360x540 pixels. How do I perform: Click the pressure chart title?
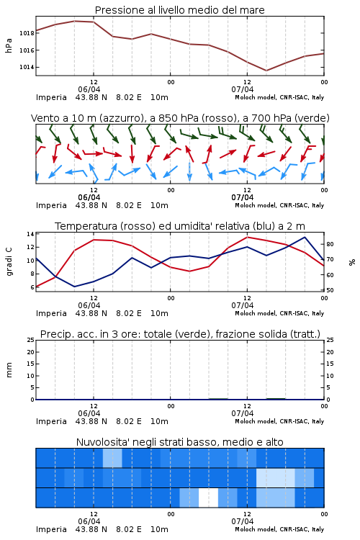(179, 10)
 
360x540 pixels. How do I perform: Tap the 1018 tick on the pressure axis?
(27, 33)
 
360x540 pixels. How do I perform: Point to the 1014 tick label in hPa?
(27, 67)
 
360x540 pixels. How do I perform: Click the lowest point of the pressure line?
(266, 71)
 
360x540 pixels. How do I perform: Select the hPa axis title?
(9, 45)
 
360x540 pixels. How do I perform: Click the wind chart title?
(180, 118)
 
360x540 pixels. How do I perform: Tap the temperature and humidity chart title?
(180, 226)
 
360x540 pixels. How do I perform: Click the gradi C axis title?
(9, 261)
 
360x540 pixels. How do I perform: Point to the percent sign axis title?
(352, 262)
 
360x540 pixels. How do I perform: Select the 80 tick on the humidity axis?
(330, 244)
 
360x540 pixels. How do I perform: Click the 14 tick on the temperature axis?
(30, 234)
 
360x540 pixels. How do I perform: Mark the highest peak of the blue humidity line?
(305, 237)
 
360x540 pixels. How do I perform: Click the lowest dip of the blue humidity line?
(74, 287)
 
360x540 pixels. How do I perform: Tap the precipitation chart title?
(180, 334)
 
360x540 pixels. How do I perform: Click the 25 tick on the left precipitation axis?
(30, 340)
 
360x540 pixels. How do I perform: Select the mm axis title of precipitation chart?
(9, 370)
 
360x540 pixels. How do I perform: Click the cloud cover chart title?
(179, 442)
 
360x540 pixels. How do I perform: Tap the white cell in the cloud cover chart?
(208, 498)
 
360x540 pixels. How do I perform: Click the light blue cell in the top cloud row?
(112, 458)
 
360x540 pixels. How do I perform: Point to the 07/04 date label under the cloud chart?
(243, 521)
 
